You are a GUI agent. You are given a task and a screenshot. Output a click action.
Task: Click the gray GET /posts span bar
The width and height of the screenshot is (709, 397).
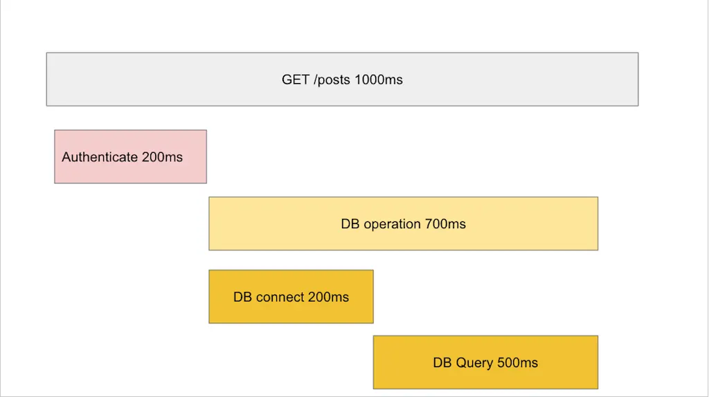[x=342, y=80]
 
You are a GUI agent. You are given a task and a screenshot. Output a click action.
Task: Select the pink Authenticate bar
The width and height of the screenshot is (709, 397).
[x=131, y=157]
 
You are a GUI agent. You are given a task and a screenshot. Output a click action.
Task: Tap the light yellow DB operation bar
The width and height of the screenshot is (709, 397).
[x=404, y=223]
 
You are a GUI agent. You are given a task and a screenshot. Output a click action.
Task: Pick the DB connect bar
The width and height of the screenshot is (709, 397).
[x=291, y=297]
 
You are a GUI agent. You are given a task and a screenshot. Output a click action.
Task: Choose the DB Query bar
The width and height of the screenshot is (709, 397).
[x=485, y=362]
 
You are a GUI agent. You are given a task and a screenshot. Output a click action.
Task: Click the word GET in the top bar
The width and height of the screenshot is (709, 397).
[x=295, y=80]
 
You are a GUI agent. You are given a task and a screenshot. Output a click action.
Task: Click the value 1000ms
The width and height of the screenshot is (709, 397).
[x=379, y=80]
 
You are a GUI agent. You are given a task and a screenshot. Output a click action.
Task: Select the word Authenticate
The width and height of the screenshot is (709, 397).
[x=100, y=157]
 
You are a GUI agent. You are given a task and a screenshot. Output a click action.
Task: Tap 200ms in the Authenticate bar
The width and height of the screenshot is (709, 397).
[x=162, y=157]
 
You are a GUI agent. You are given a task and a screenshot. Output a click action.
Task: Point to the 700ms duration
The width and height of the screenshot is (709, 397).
[x=445, y=224]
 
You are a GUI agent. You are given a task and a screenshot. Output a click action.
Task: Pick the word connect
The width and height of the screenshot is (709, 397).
[x=280, y=297]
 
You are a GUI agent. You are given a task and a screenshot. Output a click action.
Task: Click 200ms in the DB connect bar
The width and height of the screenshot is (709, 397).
[x=328, y=297]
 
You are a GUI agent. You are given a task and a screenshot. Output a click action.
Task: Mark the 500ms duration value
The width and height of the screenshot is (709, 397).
[x=517, y=362]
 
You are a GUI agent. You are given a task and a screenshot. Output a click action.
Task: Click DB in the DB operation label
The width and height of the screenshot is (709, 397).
[x=350, y=224]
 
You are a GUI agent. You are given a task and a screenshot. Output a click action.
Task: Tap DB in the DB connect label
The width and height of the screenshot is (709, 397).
[x=242, y=297]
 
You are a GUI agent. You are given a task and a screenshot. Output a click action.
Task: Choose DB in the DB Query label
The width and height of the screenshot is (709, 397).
[x=442, y=362]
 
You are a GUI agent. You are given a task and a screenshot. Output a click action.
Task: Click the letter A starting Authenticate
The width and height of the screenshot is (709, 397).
[x=66, y=157]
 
